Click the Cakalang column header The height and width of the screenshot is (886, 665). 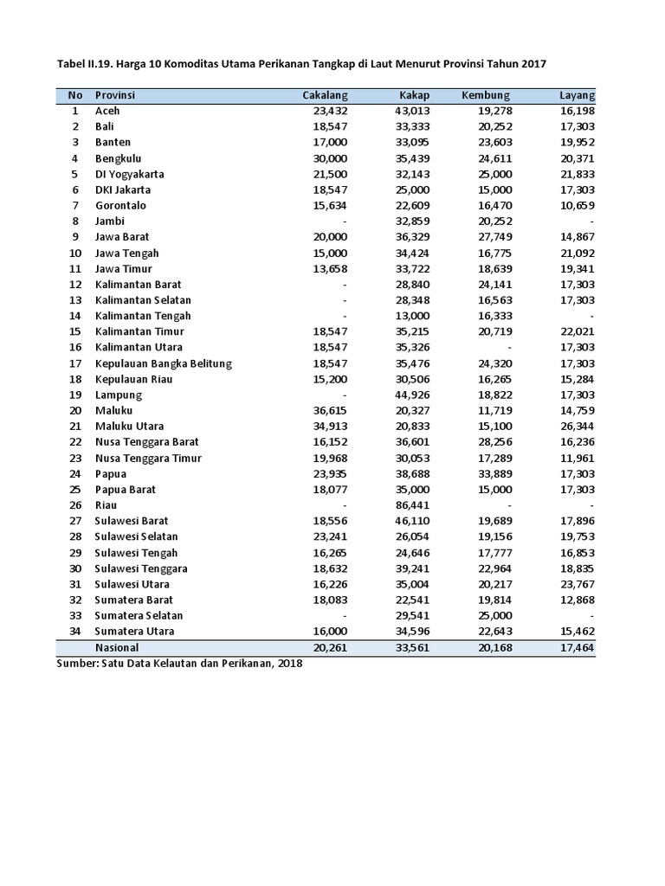[x=325, y=95]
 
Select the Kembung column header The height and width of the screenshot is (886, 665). [x=486, y=95]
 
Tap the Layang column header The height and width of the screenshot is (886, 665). [x=577, y=95]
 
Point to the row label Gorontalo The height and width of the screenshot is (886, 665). [x=120, y=205]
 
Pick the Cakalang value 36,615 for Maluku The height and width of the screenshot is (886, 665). [x=330, y=410]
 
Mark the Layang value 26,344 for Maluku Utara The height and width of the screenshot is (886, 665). [x=577, y=426]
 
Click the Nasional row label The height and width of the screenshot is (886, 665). [x=117, y=647]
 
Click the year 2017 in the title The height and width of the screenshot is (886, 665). [x=533, y=64]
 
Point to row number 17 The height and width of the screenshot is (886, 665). [x=74, y=363]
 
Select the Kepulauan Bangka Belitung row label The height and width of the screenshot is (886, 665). [x=164, y=363]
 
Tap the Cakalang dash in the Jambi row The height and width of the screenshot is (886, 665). [x=345, y=221]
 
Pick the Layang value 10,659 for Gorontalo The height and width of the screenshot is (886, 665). [x=577, y=205]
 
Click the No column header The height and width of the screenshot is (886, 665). [x=74, y=95]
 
